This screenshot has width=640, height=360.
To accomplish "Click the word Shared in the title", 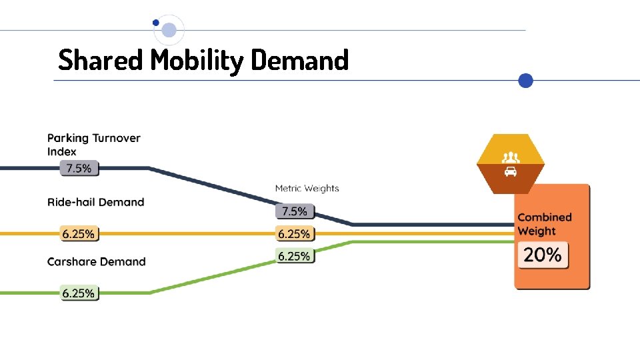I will tap(101, 60).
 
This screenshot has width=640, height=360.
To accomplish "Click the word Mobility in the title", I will tap(197, 61).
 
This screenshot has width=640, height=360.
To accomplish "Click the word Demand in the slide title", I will tap(300, 60).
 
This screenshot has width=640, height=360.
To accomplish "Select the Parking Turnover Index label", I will tap(93, 145).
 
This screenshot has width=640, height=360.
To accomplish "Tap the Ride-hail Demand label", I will tap(95, 202).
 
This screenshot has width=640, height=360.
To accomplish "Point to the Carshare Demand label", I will tap(96, 261).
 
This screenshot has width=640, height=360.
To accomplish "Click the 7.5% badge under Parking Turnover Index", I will tap(79, 169).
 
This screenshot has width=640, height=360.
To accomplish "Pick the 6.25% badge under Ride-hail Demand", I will tap(79, 234).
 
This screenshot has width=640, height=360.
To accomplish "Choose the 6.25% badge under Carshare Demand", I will tap(79, 293).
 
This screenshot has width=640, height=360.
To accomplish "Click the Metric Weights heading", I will tap(307, 189).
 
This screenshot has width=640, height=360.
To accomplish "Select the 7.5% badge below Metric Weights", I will tap(295, 211).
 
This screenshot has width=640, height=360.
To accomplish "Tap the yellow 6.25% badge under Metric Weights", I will tap(294, 234).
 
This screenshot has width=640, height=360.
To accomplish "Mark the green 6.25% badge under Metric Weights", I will tap(294, 256).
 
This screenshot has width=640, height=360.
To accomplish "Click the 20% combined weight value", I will tap(543, 255).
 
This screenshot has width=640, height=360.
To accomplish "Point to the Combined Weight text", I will tap(544, 224).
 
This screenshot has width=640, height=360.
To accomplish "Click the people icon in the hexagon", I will tap(511, 157).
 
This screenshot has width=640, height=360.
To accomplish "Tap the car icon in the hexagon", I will tap(511, 172).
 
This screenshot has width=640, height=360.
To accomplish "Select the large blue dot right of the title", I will tap(526, 81).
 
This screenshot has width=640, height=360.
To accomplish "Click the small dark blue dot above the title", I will tap(156, 22).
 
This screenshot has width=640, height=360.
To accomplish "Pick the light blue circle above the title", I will tap(169, 30).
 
